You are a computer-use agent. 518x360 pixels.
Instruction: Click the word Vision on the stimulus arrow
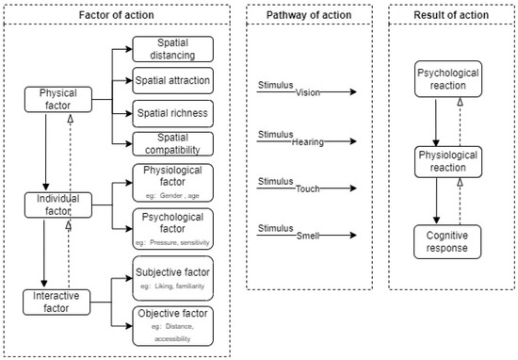click(308, 92)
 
